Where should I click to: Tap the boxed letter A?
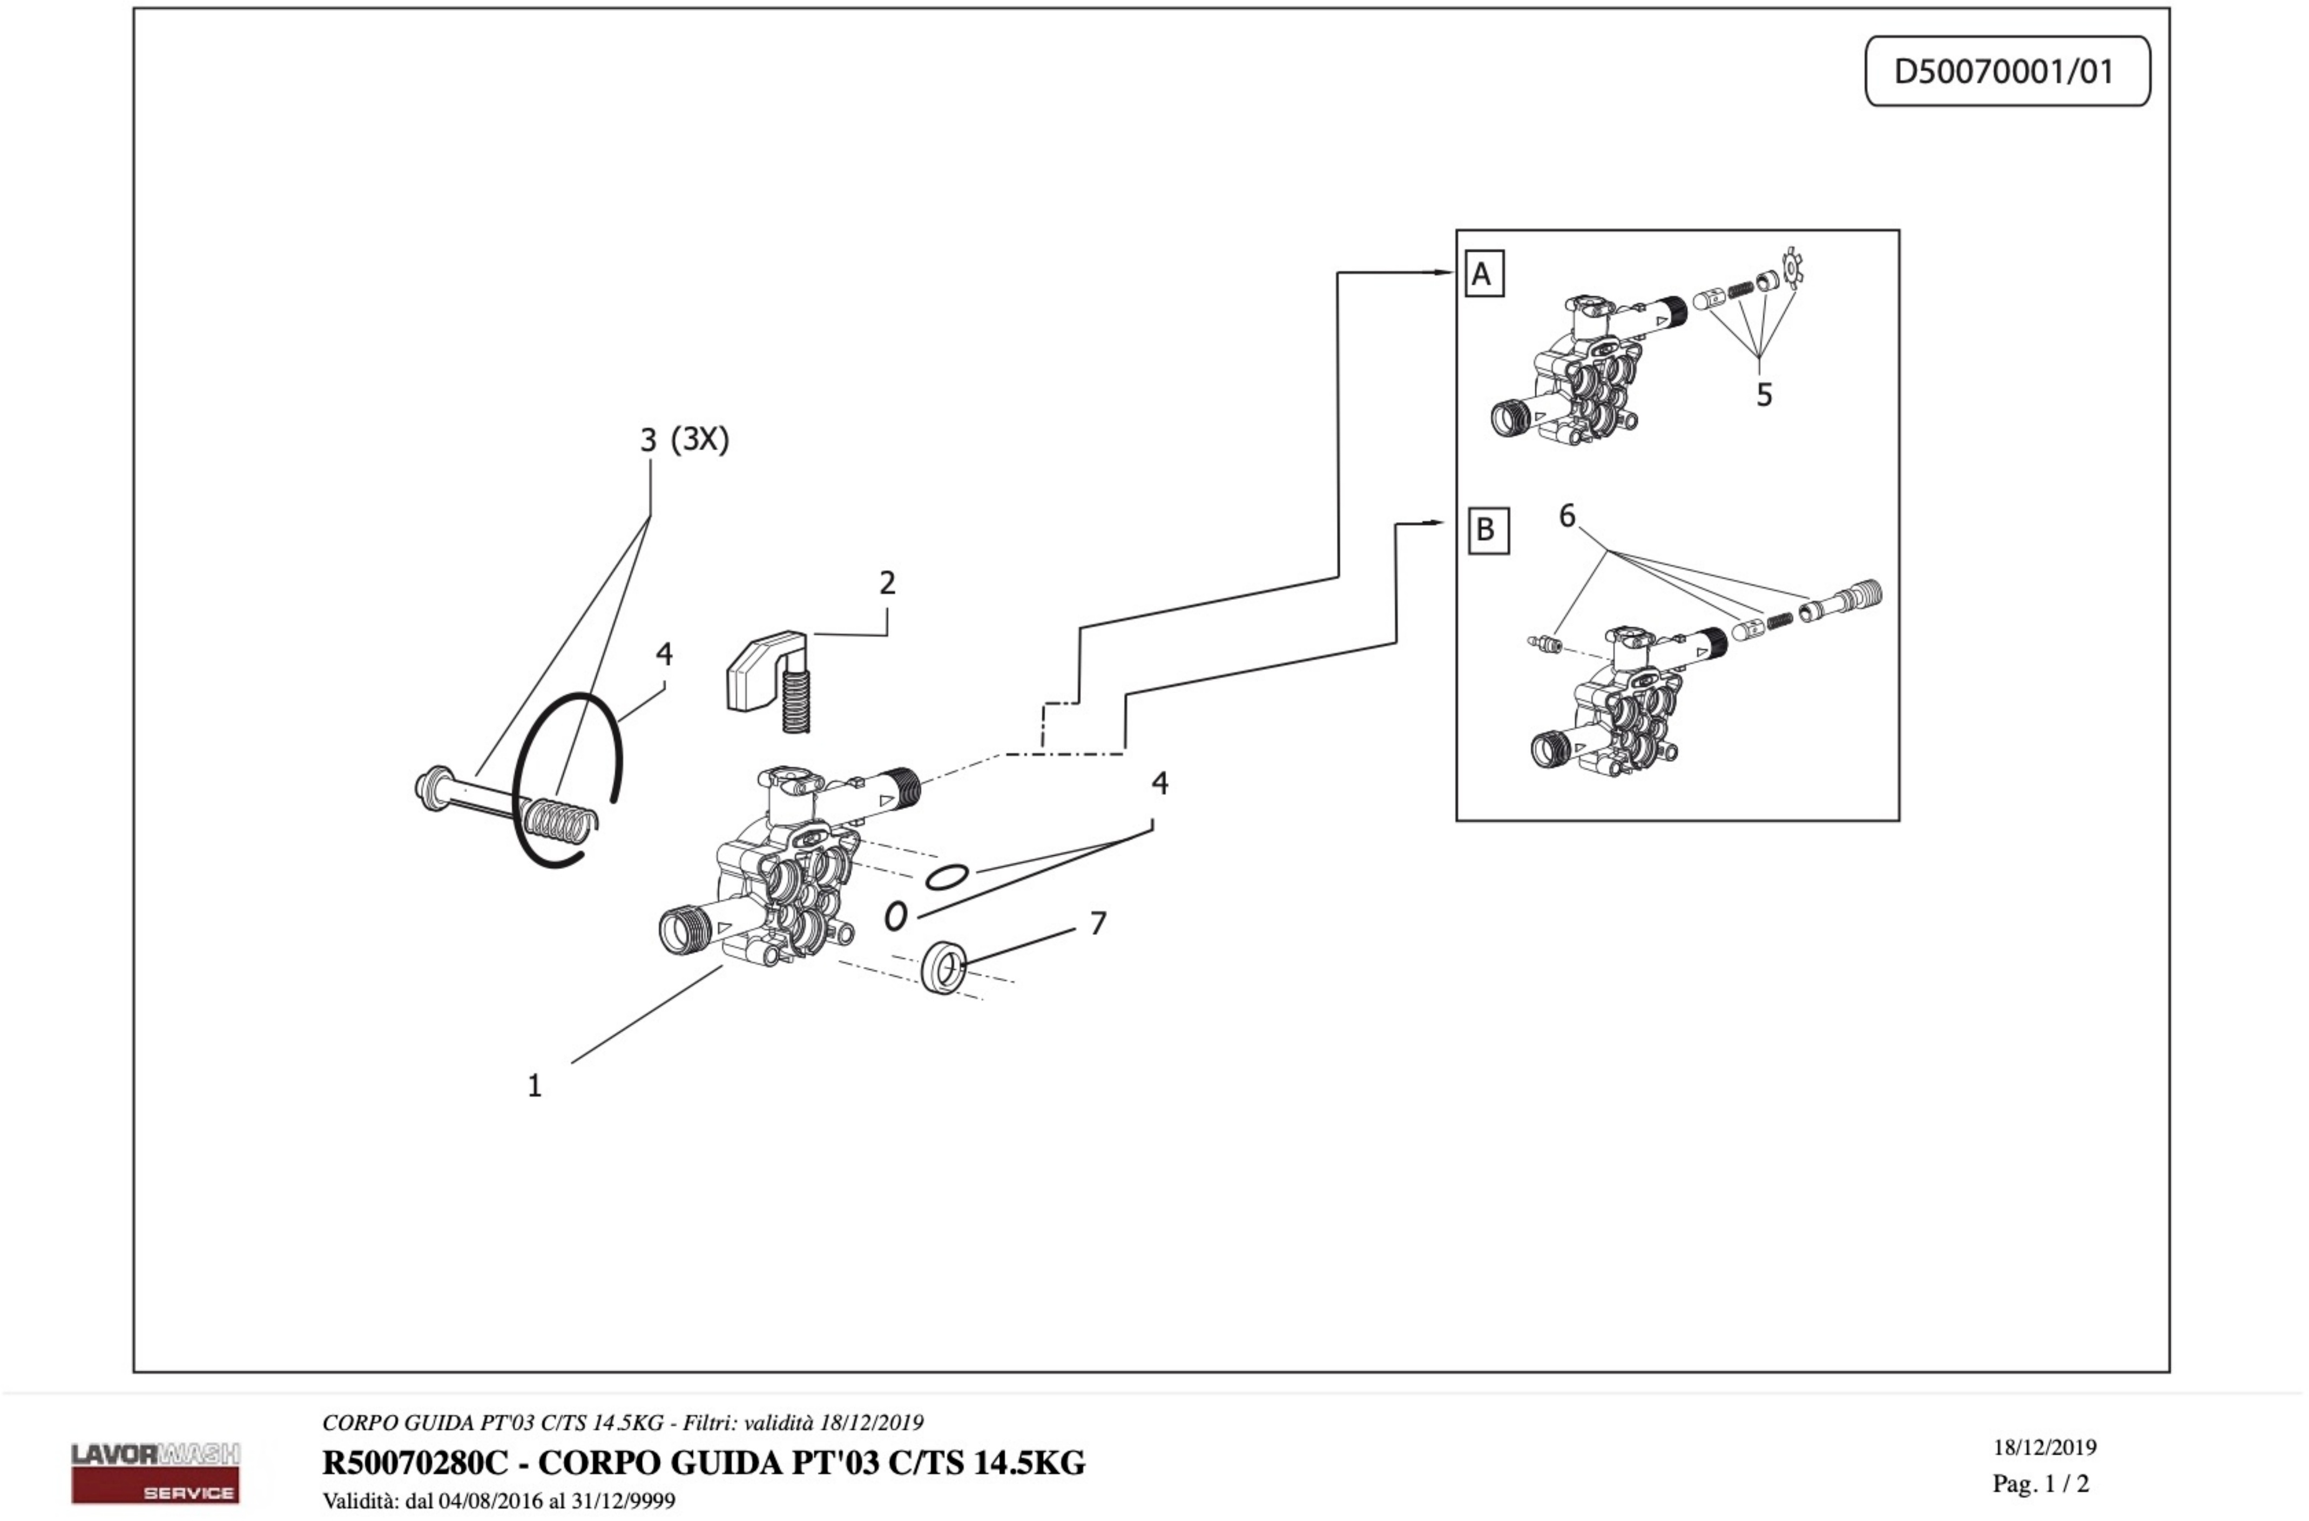1483,274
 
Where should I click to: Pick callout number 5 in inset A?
1764,395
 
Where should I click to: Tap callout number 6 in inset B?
1567,516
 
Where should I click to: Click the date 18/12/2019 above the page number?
2045,1447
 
